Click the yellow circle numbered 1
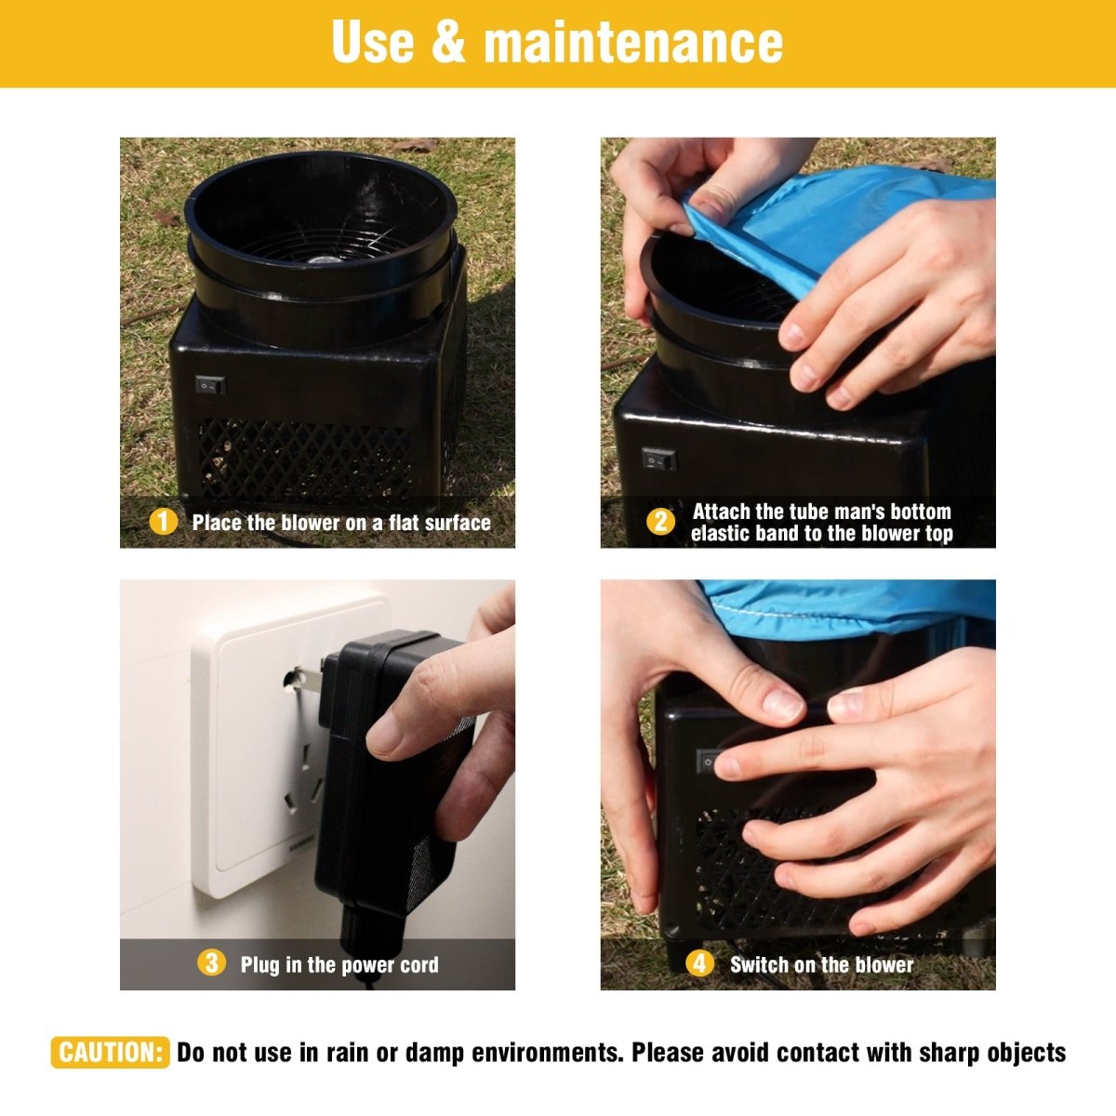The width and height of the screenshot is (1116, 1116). point(164,522)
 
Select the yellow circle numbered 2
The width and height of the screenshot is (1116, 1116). point(660,522)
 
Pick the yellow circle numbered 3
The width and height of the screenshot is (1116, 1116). point(211,963)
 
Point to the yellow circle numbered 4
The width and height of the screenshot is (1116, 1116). point(699,963)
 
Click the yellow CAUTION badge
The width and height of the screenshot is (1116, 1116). point(110,1052)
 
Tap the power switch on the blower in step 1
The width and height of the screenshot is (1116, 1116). point(209,384)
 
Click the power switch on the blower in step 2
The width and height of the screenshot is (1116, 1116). point(658,459)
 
